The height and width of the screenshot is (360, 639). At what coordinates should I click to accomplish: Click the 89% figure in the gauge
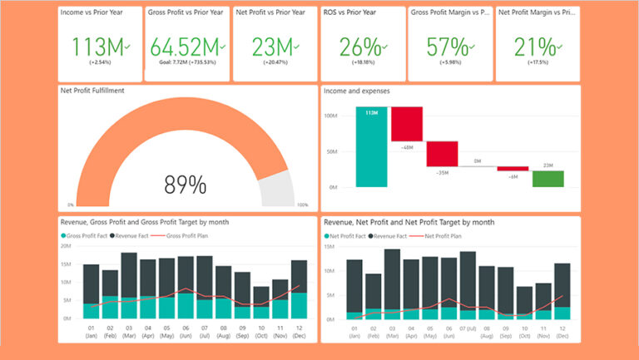pyautogui.click(x=185, y=185)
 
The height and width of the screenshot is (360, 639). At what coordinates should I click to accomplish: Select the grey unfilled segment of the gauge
pyautogui.click(x=277, y=190)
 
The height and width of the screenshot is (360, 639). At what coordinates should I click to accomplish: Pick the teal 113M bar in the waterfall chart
pyautogui.click(x=371, y=147)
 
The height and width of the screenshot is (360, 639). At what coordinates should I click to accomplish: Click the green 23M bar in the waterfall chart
pyautogui.click(x=548, y=179)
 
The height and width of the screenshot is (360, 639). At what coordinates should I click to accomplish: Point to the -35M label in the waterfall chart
pyautogui.click(x=442, y=173)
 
